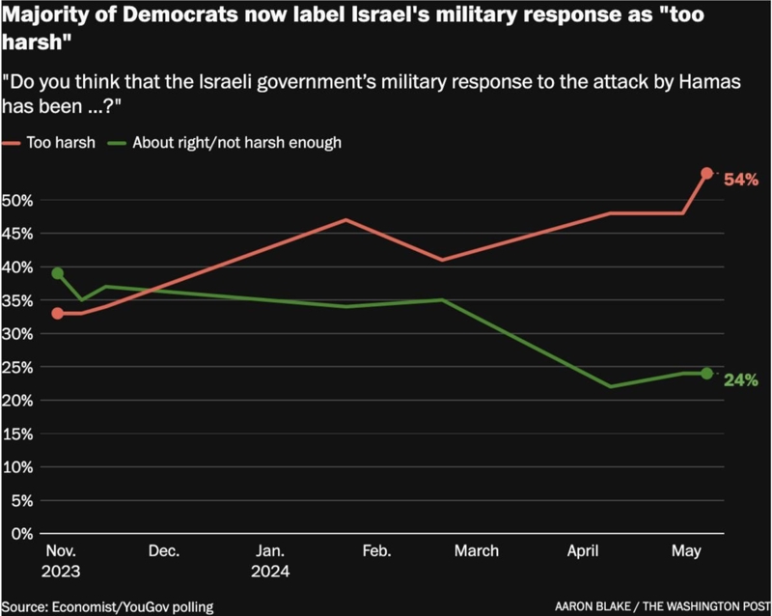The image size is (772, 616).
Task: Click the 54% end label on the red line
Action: click(x=742, y=180)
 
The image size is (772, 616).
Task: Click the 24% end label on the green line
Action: click(x=742, y=378)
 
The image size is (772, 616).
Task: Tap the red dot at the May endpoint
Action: click(x=706, y=174)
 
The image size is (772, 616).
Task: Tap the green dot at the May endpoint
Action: click(x=706, y=374)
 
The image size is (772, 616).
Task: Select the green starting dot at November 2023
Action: click(x=58, y=273)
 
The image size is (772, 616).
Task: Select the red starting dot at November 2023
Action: click(x=58, y=314)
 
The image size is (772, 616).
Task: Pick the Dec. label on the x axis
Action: click(x=164, y=551)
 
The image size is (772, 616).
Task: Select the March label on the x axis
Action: click(x=476, y=551)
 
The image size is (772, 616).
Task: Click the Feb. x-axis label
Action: click(x=375, y=551)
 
